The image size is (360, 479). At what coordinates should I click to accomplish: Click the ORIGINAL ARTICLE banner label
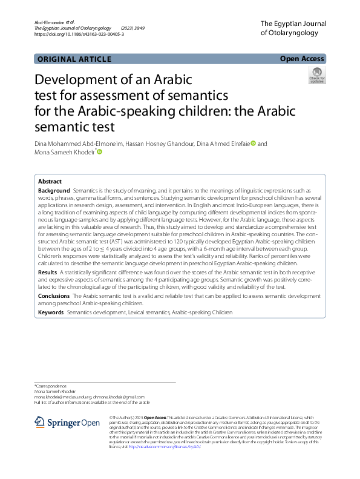tap(74, 59)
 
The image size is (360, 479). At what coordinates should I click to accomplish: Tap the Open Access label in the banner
tap(301, 59)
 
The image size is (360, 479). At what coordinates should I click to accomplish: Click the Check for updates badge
tap(316, 76)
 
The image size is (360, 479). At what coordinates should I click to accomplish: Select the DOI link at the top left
tap(79, 35)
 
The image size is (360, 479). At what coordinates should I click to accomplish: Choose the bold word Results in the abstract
tap(48, 273)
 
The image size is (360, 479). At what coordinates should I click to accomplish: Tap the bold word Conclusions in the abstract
tap(53, 296)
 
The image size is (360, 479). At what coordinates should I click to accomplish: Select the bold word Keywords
tap(51, 312)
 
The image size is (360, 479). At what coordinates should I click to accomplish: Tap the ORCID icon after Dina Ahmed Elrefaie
tap(254, 144)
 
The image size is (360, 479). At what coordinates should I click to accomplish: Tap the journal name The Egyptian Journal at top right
tap(293, 23)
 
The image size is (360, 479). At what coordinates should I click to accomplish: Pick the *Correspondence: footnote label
tap(51, 385)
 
